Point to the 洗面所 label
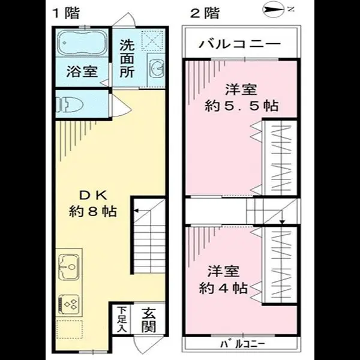click(x=126, y=58)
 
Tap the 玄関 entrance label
click(x=149, y=320)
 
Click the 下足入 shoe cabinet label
click(x=121, y=320)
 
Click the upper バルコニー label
click(x=240, y=44)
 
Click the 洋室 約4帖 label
click(x=223, y=279)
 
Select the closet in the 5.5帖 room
click(x=280, y=158)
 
